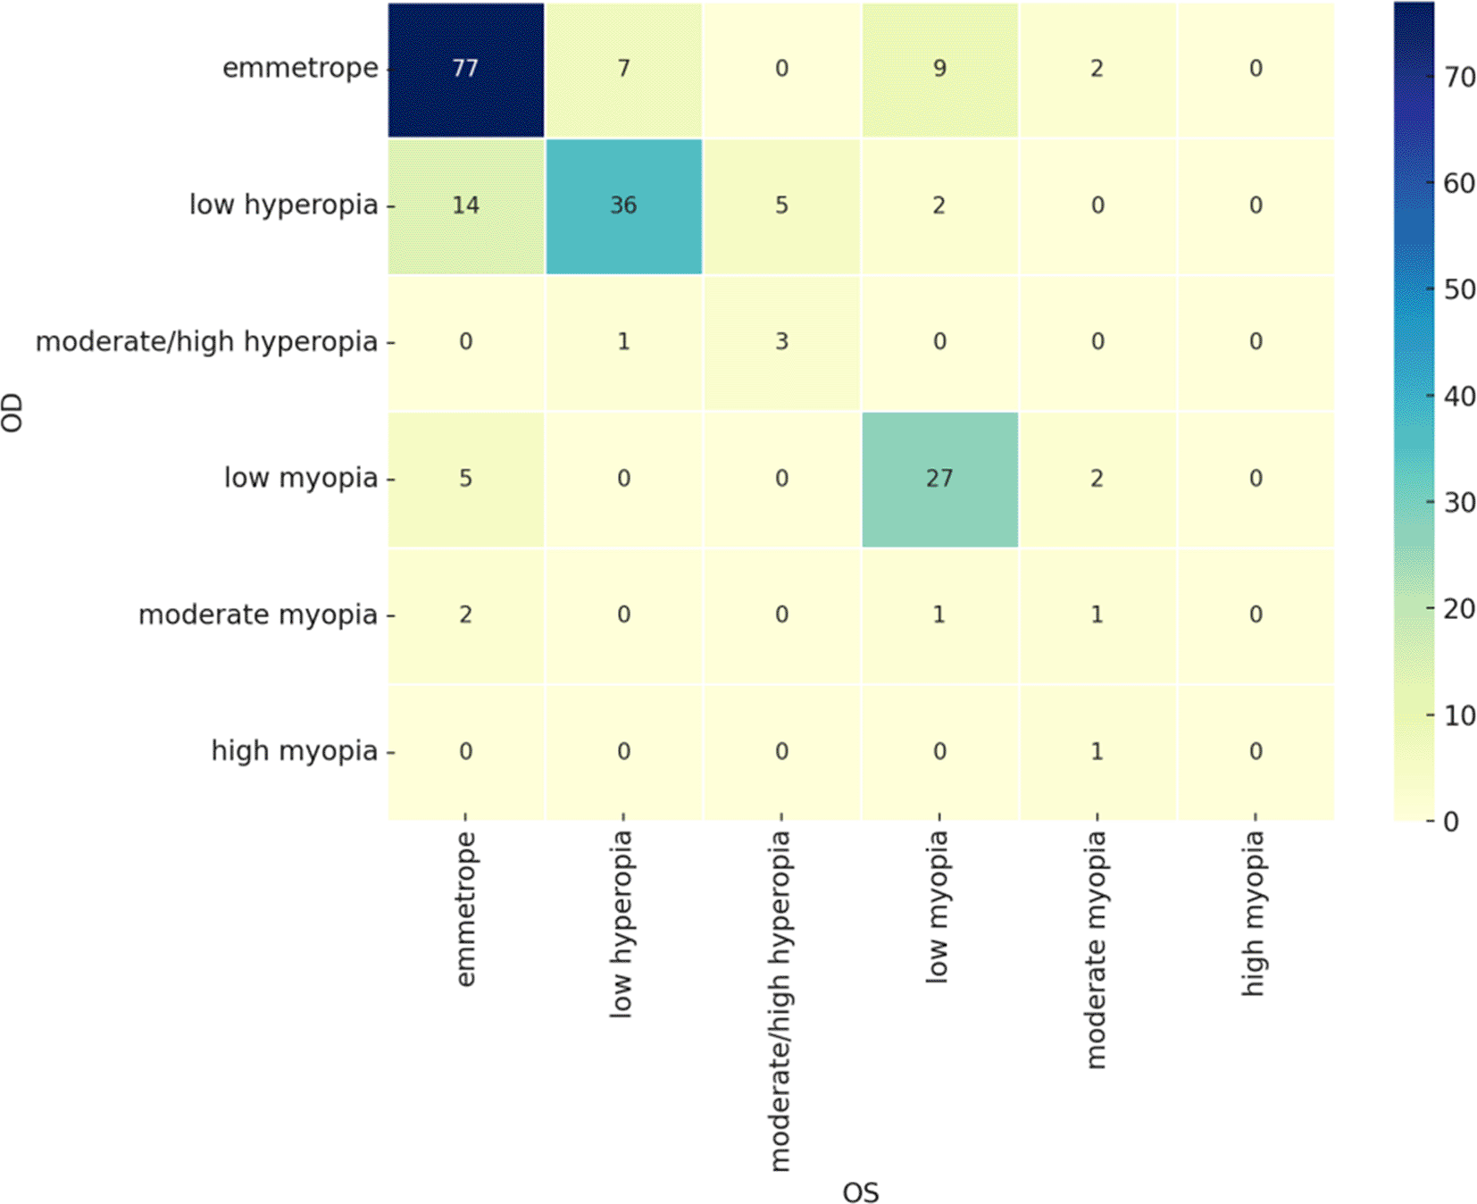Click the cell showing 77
[465, 69]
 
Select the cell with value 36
[623, 205]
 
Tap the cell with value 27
[939, 479]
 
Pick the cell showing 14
[465, 205]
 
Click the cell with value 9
[939, 69]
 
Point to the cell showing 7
[623, 69]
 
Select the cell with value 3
[781, 342]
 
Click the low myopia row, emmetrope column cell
[465, 479]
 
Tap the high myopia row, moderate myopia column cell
[1097, 751]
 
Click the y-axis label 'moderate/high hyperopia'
[206, 342]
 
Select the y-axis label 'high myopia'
[294, 751]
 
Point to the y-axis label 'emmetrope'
[300, 69]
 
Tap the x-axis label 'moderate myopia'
[1096, 949]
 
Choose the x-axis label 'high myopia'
[1254, 912]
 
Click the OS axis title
[861, 1191]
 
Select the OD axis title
[13, 413]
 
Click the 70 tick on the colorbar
[1459, 78]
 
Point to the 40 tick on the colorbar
[1459, 396]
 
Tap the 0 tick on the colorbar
[1451, 821]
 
